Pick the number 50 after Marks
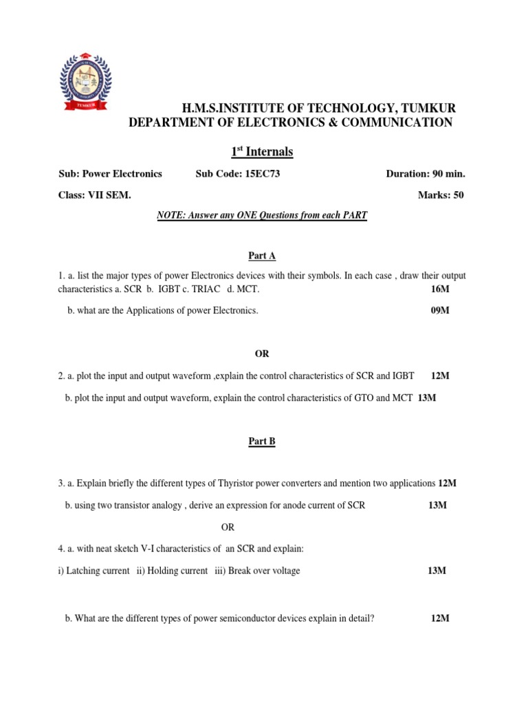coord(457,195)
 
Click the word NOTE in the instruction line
coord(169,216)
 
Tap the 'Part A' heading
coord(261,256)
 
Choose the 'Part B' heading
coord(261,442)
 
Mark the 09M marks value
coord(440,311)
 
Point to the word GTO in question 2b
coord(367,397)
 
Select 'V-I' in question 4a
coord(152,549)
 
